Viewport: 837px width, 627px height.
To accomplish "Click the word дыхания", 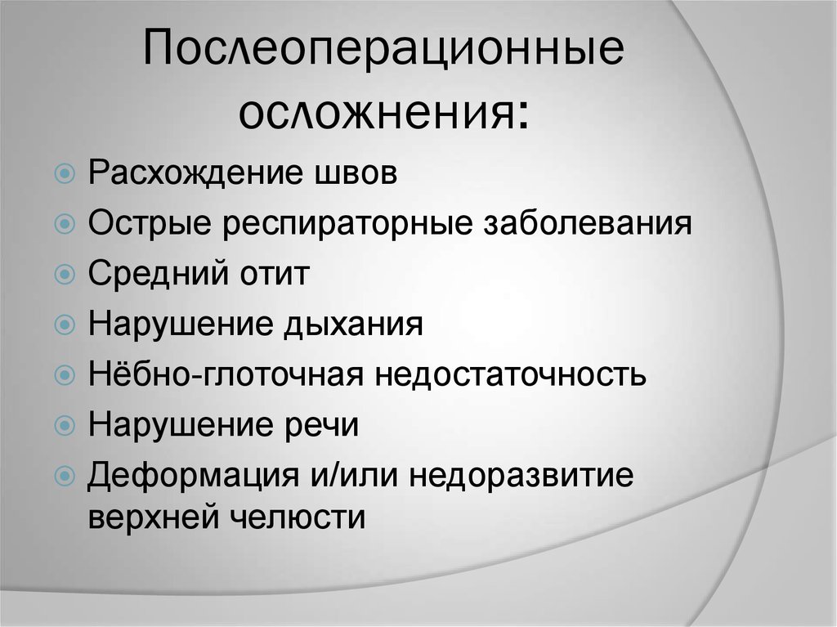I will (354, 325).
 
